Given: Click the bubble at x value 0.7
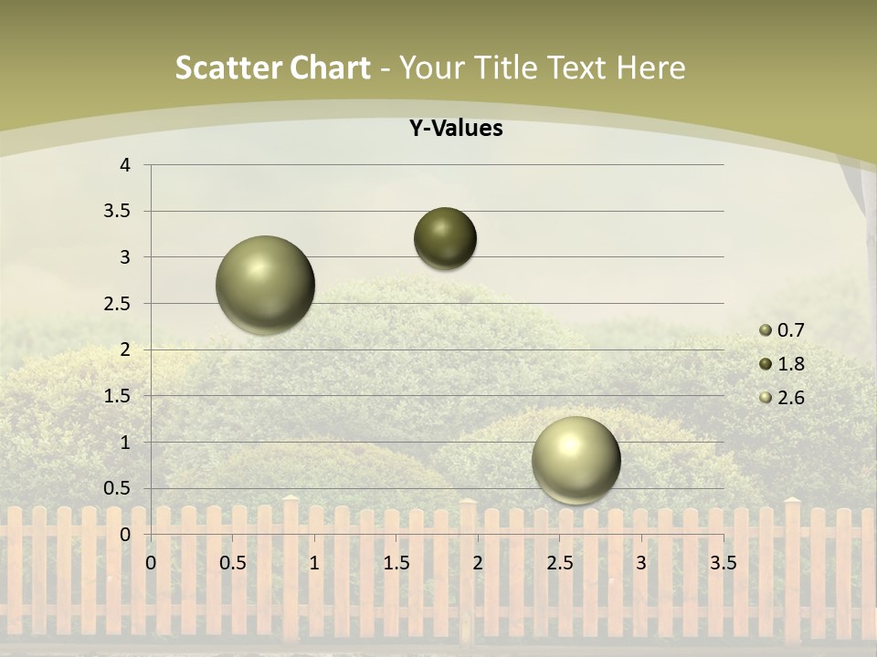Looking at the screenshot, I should click(x=265, y=285).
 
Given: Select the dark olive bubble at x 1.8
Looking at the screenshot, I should click(x=445, y=238).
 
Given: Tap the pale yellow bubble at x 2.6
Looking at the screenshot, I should click(x=576, y=460).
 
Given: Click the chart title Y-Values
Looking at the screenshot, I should click(x=455, y=129).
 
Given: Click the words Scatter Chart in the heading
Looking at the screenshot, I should click(x=272, y=68).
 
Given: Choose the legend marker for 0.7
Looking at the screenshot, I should click(x=766, y=330).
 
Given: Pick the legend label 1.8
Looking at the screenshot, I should click(x=790, y=364).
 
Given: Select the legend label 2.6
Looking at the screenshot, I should click(x=790, y=398).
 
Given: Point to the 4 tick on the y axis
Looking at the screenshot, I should click(x=125, y=165).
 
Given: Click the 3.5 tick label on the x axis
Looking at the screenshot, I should click(x=723, y=563).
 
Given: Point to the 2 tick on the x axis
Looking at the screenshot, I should click(x=478, y=563).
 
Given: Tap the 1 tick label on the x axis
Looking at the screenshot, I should click(x=314, y=563).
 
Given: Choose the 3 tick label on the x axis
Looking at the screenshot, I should click(x=641, y=563).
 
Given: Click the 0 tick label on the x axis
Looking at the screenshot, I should click(x=151, y=563).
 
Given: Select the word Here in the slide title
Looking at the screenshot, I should click(x=651, y=68).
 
